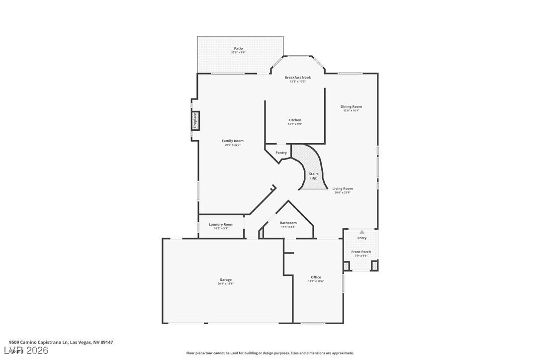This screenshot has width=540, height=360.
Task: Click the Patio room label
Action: (x=239, y=48)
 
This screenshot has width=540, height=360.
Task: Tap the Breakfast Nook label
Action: (x=297, y=78)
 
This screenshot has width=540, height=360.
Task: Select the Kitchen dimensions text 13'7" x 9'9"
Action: (x=295, y=124)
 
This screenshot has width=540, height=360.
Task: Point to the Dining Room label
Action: (x=351, y=106)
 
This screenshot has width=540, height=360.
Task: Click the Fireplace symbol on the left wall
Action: (x=195, y=121)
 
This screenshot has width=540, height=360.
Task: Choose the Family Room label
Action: (x=232, y=141)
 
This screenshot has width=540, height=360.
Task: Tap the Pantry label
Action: (x=281, y=153)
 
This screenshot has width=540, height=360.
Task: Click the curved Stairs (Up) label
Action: (x=314, y=176)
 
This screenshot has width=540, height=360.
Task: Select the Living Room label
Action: (x=343, y=188)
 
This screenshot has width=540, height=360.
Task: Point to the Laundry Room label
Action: (x=221, y=224)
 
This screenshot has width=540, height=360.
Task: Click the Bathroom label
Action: (x=288, y=223)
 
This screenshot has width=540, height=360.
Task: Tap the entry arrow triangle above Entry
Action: (x=362, y=232)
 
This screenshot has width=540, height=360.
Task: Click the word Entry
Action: (x=362, y=238)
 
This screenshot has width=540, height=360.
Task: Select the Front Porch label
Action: (x=361, y=252)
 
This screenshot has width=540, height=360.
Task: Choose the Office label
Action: (x=316, y=277)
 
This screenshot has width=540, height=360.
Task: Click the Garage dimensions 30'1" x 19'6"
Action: (x=225, y=284)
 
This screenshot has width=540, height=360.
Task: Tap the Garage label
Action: (x=225, y=279)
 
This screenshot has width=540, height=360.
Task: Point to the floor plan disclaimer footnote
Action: (x=270, y=353)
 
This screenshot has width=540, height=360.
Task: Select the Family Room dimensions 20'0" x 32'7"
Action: (x=232, y=145)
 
